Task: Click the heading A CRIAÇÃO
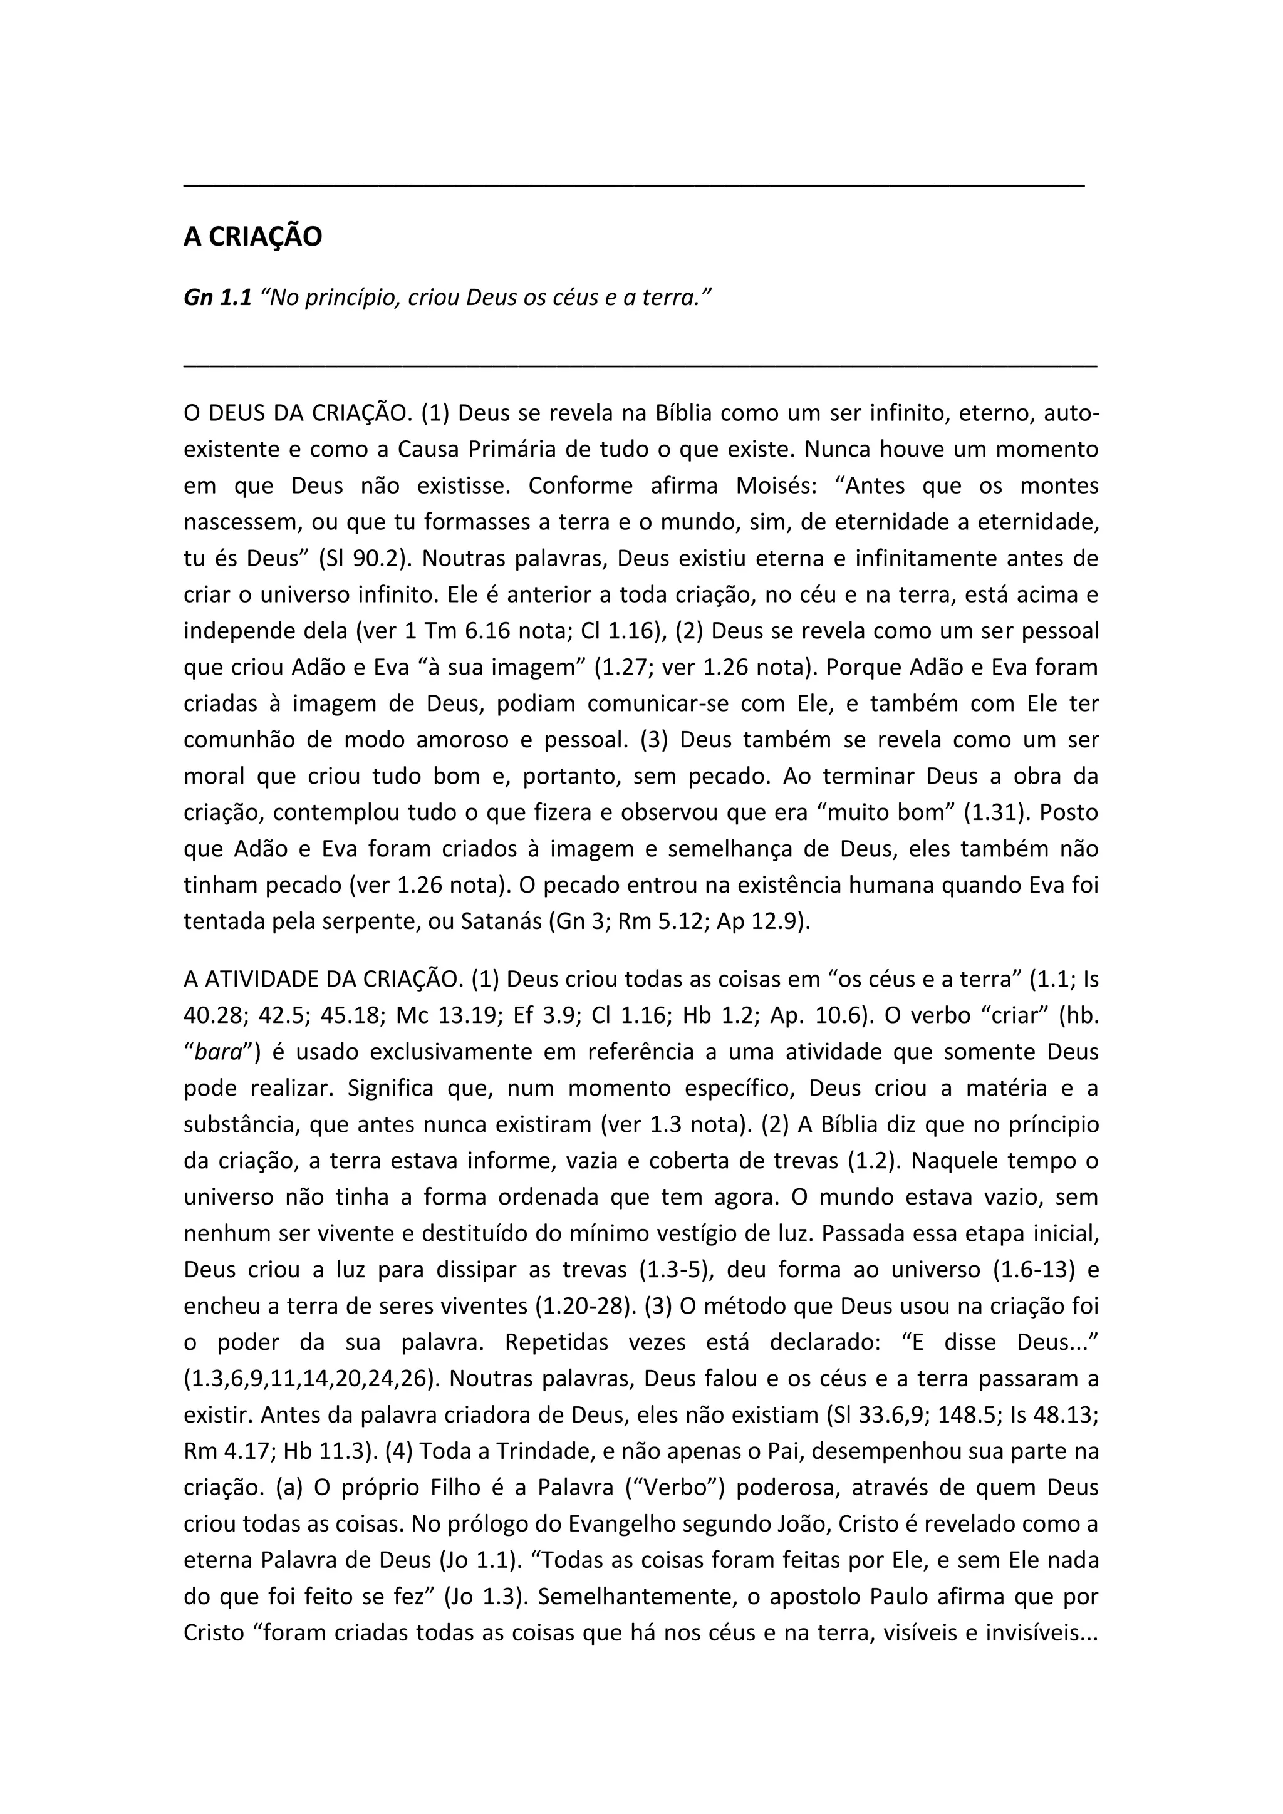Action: (253, 236)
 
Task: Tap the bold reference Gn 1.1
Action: (217, 298)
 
